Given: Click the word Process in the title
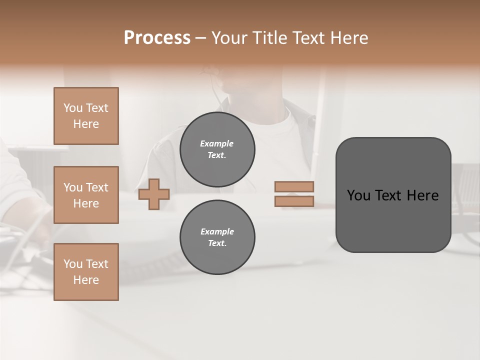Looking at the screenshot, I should (x=157, y=38).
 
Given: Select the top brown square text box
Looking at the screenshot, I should (x=86, y=116).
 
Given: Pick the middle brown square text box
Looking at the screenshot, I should (x=86, y=195).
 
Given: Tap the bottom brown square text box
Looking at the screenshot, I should (x=86, y=272).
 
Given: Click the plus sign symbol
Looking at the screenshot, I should (x=154, y=194).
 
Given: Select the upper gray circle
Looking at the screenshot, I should (x=217, y=149).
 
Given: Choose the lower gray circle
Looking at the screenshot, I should (x=217, y=237).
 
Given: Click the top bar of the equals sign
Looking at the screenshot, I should (x=294, y=186).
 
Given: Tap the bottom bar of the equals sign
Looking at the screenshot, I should (x=294, y=201).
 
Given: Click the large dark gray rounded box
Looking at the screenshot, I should (x=393, y=195).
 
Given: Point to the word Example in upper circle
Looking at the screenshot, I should (x=217, y=143).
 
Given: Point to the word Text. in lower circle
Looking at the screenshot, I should (x=217, y=243).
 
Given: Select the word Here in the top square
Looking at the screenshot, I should (x=86, y=124).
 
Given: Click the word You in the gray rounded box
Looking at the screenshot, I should (x=359, y=195).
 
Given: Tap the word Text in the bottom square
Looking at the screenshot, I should (x=97, y=264).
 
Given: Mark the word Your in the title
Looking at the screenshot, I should (x=228, y=38).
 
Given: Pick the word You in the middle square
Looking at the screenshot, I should (x=73, y=187).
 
